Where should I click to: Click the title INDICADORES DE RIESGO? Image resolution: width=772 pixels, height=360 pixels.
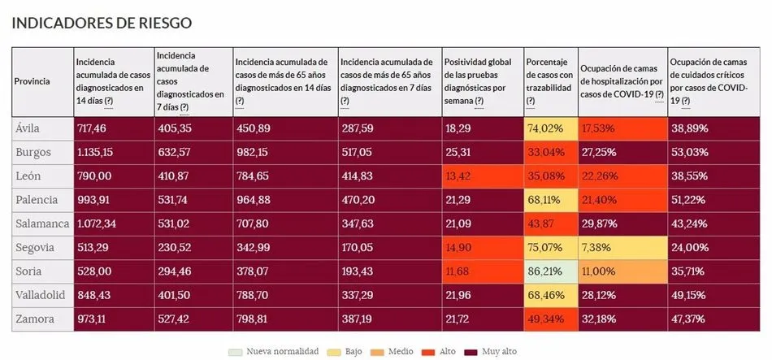click(x=102, y=23)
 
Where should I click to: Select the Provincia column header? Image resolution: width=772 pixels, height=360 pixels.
click(x=32, y=81)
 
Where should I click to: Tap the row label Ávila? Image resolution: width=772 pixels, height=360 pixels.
click(x=28, y=128)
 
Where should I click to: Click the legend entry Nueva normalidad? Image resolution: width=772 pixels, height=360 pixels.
click(x=276, y=350)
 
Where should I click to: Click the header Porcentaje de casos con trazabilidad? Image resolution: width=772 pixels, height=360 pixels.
click(x=549, y=80)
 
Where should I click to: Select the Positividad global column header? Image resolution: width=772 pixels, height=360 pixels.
click(x=479, y=80)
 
